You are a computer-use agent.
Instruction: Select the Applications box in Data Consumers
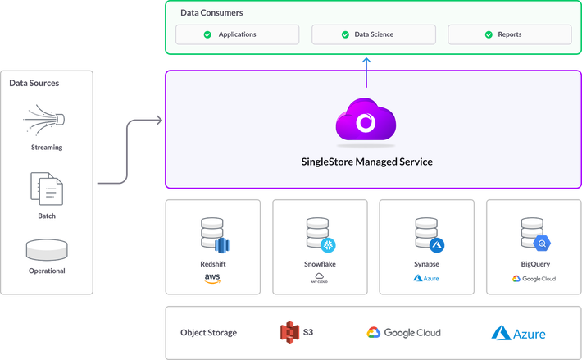236,34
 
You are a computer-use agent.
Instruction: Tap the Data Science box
372,34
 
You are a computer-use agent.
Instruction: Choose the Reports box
508,34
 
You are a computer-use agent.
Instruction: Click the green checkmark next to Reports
479,34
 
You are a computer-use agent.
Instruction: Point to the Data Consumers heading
211,13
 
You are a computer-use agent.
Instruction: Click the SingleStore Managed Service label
366,162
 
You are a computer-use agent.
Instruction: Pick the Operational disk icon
47,249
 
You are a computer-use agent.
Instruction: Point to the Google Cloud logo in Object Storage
403,332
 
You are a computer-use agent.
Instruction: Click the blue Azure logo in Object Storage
519,333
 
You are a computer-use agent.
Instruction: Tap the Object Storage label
208,332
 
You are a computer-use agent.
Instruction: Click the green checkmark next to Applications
207,34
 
